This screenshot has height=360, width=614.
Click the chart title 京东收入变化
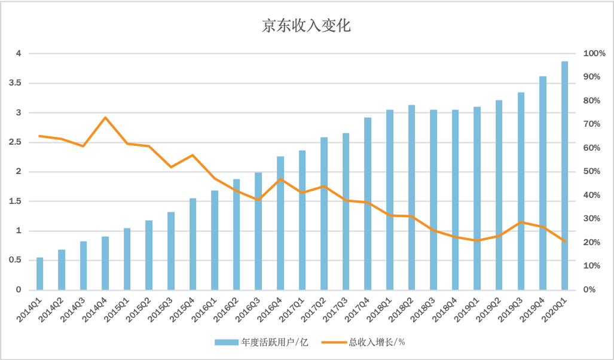(306, 26)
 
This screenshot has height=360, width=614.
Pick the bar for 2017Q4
(368, 203)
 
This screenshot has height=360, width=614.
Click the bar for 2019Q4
(543, 182)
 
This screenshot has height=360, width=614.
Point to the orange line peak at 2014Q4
(105, 117)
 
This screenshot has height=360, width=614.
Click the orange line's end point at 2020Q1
(564, 241)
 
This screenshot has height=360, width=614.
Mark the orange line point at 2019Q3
(521, 222)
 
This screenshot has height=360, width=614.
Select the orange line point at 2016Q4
(280, 179)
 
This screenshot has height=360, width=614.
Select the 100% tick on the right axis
(594, 53)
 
